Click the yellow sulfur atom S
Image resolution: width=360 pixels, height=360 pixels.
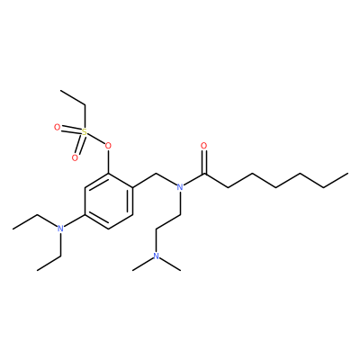[85, 132]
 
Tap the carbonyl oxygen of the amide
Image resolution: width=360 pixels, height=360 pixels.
[204, 146]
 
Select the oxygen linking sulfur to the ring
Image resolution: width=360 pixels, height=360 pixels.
[108, 146]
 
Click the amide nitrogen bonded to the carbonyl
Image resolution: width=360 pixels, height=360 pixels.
[180, 187]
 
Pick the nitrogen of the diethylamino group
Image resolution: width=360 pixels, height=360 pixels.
[60, 229]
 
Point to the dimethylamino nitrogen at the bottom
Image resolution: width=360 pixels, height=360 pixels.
[157, 256]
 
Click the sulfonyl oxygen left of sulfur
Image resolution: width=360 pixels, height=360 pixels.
[57, 128]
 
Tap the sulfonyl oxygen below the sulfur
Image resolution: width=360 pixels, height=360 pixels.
[75, 157]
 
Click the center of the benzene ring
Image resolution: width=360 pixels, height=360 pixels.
[109, 202]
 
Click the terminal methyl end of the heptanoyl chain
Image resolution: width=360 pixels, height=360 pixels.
[347, 174]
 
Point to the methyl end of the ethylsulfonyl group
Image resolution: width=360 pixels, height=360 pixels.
[60, 90]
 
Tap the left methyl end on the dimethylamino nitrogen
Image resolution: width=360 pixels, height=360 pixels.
[132, 270]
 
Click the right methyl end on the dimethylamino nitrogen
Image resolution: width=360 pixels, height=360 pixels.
[180, 270]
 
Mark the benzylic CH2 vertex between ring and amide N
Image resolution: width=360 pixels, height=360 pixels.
[157, 174]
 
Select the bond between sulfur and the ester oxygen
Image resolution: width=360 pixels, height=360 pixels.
[96, 139]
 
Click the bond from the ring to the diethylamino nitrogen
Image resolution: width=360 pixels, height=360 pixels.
[75, 222]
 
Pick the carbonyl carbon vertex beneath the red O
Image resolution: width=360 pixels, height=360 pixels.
[204, 174]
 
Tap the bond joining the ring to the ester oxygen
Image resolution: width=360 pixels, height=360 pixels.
[108, 162]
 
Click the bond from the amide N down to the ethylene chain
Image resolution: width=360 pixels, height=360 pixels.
[180, 203]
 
